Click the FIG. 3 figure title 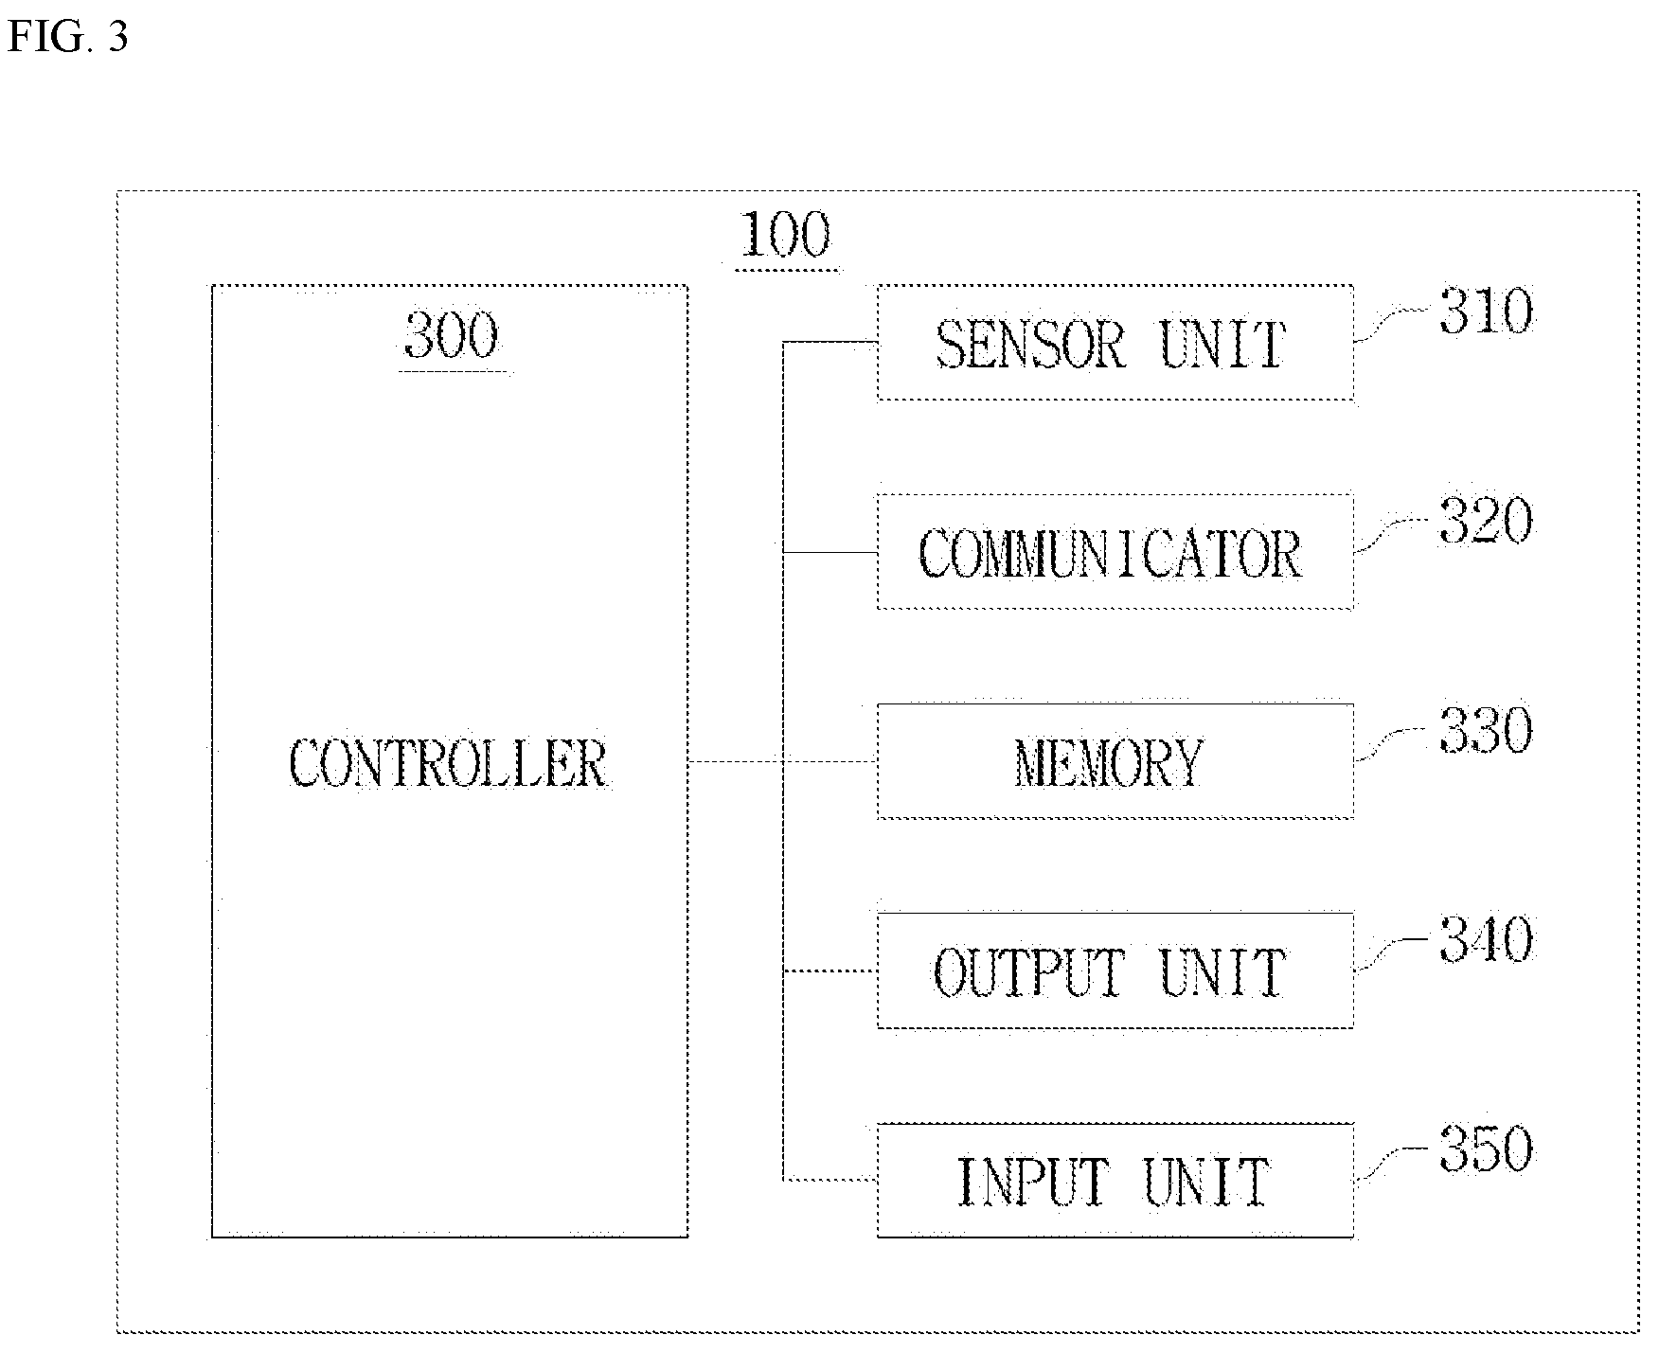pos(67,37)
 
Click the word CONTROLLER pos(448,763)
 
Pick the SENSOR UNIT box pos(1115,343)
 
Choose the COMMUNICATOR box pos(1115,552)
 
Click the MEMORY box pos(1115,761)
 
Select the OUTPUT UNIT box pos(1115,971)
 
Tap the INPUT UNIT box pos(1115,1181)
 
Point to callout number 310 pos(1485,312)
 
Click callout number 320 pos(1485,521)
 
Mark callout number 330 pos(1485,731)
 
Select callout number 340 pos(1485,940)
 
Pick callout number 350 pos(1485,1149)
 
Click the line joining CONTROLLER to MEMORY pos(783,761)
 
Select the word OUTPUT pos(1030,972)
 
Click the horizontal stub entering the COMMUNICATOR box pos(830,552)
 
